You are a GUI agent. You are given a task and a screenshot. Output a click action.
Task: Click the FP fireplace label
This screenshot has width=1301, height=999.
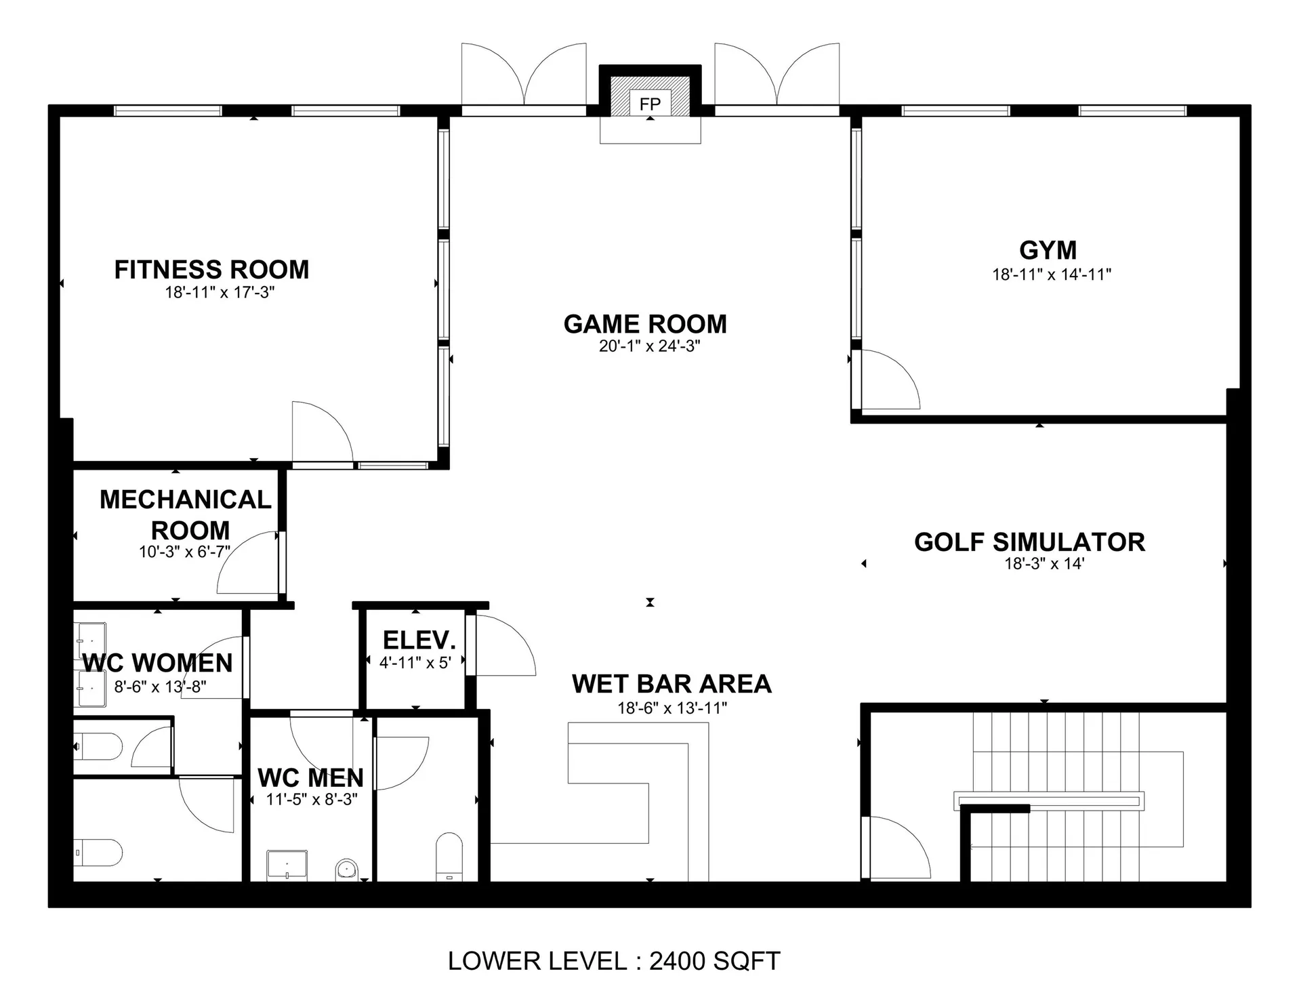click(x=650, y=104)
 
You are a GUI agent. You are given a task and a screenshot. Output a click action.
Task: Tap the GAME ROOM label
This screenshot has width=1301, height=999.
click(x=645, y=324)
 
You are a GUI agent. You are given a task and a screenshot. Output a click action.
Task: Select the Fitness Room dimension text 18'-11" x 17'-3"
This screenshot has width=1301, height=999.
click(x=220, y=293)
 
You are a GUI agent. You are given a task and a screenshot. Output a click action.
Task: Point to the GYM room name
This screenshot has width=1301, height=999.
click(x=1048, y=250)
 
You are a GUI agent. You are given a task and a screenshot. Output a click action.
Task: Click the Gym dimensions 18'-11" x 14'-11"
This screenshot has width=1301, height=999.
click(x=1052, y=274)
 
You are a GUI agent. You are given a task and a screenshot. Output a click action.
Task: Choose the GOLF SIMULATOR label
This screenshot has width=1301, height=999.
click(x=1029, y=542)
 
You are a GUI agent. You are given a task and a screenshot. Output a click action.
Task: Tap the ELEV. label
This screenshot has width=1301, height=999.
click(x=419, y=640)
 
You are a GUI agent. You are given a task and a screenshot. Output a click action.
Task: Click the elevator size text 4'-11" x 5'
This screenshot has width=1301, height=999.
click(x=415, y=663)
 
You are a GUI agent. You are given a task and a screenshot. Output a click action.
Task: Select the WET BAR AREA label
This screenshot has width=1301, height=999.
click(x=672, y=684)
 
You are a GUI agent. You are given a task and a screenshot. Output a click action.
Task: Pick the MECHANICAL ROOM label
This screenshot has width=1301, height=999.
click(x=186, y=514)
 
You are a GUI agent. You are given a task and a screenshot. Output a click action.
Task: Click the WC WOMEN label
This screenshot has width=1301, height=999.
click(x=157, y=663)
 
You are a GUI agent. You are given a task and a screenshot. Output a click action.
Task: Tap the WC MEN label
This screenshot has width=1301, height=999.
click(x=311, y=777)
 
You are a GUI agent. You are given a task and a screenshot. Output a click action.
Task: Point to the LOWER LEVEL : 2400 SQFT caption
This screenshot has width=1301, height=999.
click(x=614, y=961)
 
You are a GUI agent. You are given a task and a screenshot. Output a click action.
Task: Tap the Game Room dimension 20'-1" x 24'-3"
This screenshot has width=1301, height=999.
click(x=649, y=346)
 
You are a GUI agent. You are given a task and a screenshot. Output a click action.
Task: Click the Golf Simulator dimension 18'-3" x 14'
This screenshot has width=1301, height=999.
click(x=1044, y=564)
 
